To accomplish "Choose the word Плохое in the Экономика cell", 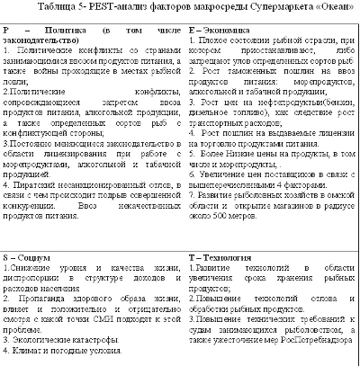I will click(x=220, y=41).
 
